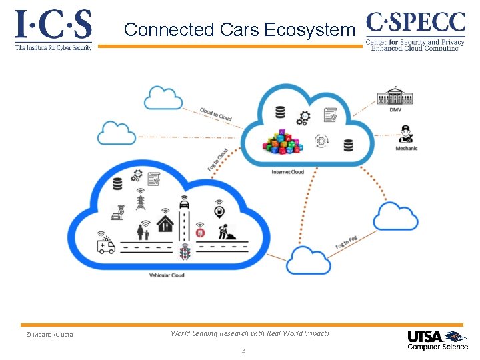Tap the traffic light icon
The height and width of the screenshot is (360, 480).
click(185, 251)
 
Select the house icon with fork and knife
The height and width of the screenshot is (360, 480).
click(165, 223)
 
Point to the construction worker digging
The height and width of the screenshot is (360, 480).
click(225, 231)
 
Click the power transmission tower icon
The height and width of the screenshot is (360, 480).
click(141, 199)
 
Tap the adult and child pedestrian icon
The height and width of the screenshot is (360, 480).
click(143, 231)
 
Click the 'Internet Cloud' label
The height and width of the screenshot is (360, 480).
click(287, 172)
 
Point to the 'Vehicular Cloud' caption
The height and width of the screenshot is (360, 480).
click(167, 275)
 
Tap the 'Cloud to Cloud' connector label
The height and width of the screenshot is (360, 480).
click(216, 115)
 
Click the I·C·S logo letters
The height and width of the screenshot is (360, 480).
click(53, 25)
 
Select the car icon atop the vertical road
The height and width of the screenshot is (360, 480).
click(183, 203)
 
